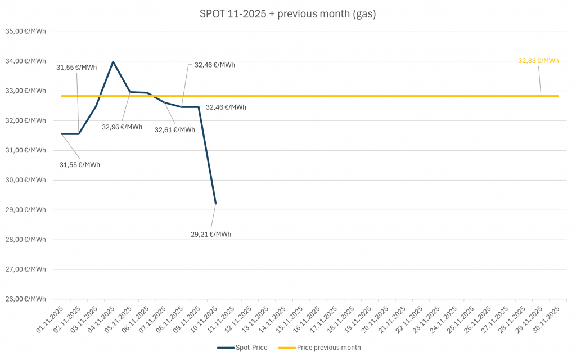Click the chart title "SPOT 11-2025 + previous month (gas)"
click(x=287, y=14)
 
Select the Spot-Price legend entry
click(x=243, y=347)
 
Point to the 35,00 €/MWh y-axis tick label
click(x=26, y=31)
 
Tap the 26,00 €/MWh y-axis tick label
click(x=26, y=299)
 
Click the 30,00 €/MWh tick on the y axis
click(x=26, y=180)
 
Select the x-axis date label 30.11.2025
click(x=549, y=320)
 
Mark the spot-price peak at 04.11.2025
click(x=113, y=61)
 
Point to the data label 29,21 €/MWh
click(x=211, y=234)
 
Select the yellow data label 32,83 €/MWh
click(x=538, y=61)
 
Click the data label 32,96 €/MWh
click(x=122, y=127)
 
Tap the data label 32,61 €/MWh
click(x=175, y=130)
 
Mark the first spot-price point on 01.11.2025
click(x=61, y=134)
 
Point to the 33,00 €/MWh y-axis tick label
click(x=26, y=91)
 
